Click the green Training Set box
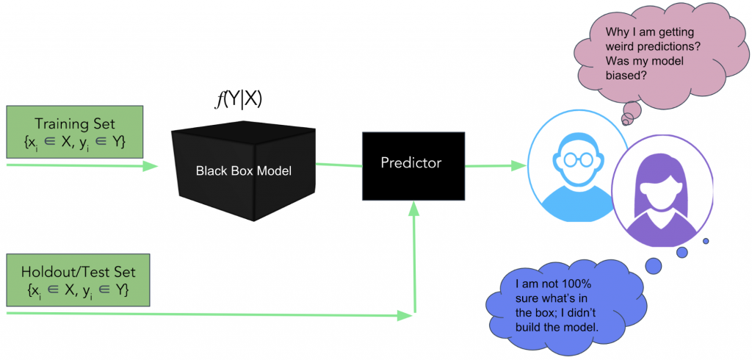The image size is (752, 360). [x=79, y=133]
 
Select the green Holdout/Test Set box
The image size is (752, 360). [x=79, y=281]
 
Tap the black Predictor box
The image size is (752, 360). [x=413, y=165]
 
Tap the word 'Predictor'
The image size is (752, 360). [x=411, y=162]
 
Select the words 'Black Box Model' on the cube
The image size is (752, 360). [x=244, y=170]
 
